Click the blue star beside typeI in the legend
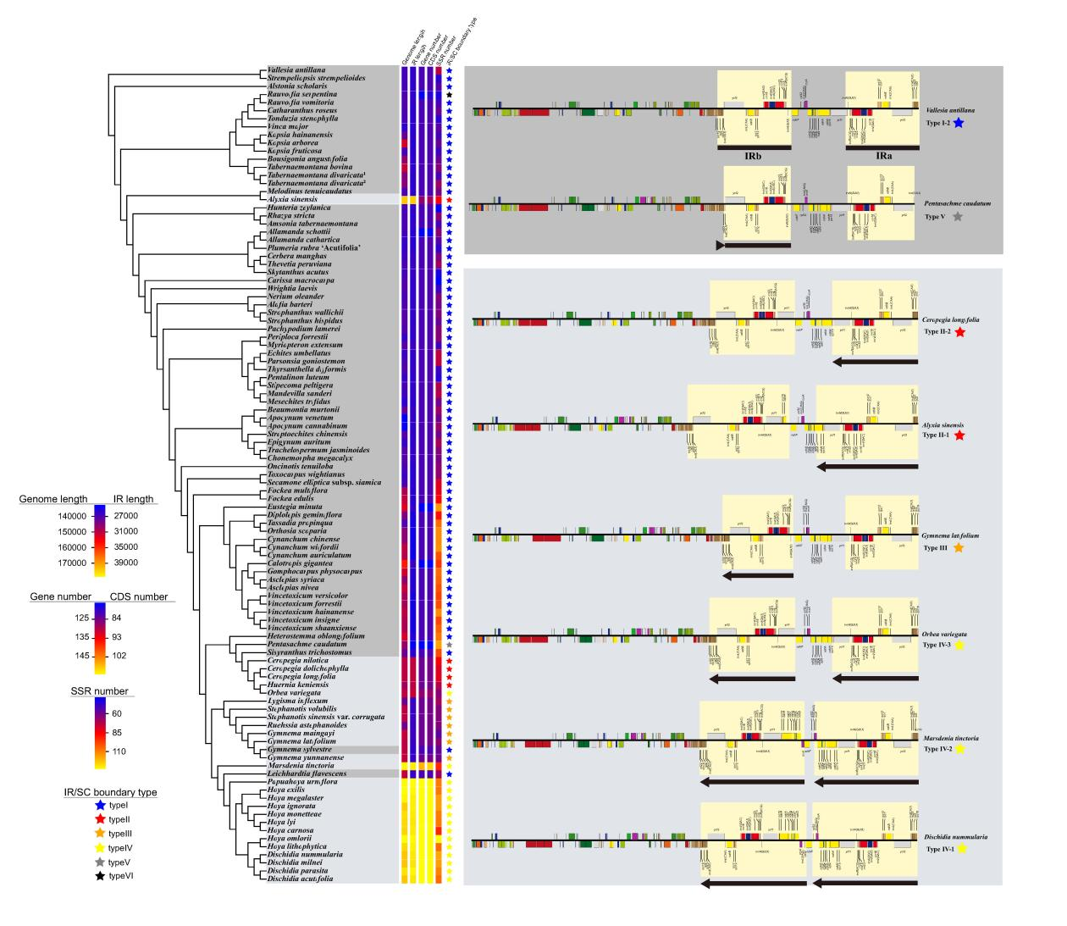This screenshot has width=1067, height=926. point(100,804)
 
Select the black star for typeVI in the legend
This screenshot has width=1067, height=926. point(100,875)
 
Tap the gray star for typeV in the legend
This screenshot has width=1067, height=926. point(100,861)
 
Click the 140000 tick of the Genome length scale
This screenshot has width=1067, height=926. point(68,516)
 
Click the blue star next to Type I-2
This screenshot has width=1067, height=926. point(958,124)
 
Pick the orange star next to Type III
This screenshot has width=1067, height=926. point(958,548)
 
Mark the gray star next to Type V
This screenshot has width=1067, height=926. point(958,217)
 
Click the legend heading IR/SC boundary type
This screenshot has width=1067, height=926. point(111,792)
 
